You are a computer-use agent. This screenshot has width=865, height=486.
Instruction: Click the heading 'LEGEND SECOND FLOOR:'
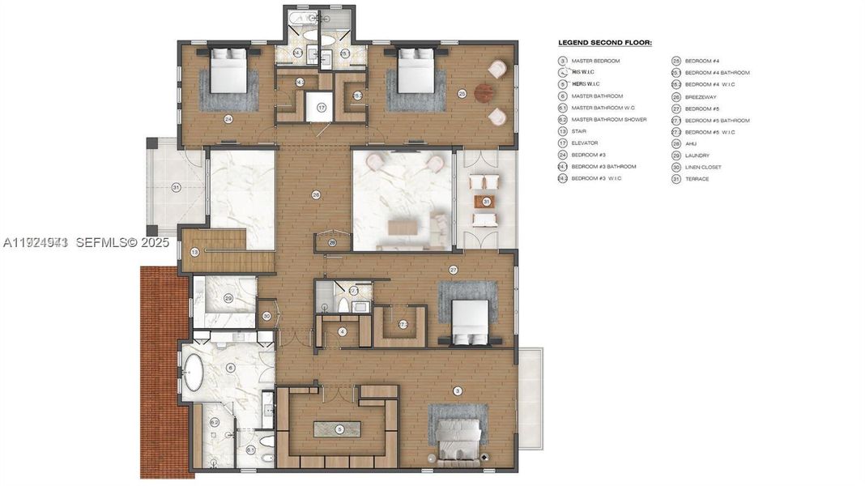click(605, 42)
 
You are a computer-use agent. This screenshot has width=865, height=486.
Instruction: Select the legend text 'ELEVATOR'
click(585, 143)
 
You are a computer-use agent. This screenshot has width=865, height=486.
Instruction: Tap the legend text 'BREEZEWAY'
click(701, 96)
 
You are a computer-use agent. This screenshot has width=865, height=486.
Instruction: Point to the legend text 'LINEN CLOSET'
click(703, 167)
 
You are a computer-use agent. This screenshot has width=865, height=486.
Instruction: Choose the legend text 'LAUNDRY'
click(697, 155)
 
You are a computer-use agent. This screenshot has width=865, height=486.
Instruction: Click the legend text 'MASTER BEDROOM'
click(595, 61)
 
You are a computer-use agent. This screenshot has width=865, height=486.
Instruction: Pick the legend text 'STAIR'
click(579, 131)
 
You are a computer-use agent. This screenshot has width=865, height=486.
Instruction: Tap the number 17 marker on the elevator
click(321, 107)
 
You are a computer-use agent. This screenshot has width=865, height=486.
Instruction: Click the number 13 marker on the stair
click(194, 253)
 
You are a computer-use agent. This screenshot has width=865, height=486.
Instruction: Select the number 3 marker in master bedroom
click(458, 391)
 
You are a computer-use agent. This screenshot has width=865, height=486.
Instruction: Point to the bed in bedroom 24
click(229, 70)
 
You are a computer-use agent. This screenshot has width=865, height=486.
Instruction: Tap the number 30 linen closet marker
click(266, 316)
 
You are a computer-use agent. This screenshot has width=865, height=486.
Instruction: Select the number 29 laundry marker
click(228, 298)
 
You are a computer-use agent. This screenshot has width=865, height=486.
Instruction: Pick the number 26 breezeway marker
click(332, 241)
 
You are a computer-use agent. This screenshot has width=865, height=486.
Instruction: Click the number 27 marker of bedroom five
click(454, 269)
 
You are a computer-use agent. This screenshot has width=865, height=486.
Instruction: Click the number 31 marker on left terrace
click(176, 188)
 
